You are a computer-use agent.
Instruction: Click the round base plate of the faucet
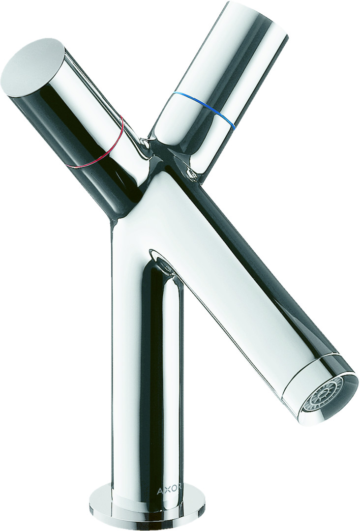146,508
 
